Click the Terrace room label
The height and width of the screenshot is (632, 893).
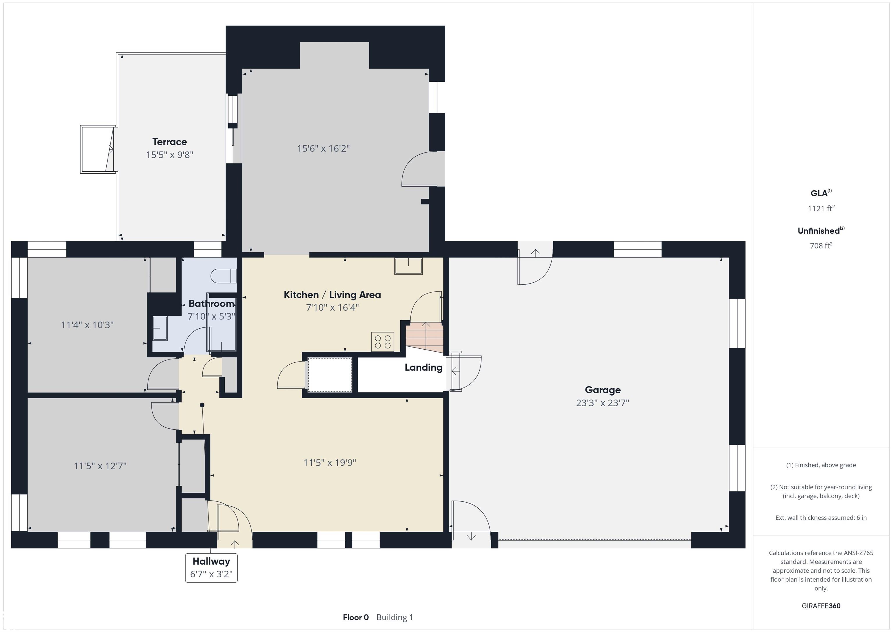click(169, 142)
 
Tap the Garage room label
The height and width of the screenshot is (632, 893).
click(603, 390)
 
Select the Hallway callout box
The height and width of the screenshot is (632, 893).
click(211, 568)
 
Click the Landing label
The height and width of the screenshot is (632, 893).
click(424, 368)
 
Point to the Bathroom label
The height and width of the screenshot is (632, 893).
click(212, 304)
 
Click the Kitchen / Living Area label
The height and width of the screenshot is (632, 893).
click(332, 295)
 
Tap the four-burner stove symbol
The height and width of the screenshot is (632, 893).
click(383, 342)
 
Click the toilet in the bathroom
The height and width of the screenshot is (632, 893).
click(224, 276)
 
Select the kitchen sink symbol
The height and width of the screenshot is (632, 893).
click(408, 266)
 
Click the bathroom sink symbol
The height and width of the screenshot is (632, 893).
click(160, 328)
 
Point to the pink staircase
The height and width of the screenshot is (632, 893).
click(425, 337)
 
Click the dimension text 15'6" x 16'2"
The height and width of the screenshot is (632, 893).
click(324, 148)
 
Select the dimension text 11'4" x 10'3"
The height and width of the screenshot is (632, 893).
click(87, 325)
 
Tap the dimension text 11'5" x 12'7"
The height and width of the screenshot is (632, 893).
click(100, 466)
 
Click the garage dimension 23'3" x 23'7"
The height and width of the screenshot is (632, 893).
click(603, 403)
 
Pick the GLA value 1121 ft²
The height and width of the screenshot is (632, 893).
click(821, 208)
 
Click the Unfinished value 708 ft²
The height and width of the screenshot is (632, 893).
click(821, 245)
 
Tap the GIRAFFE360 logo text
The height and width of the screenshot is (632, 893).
click(821, 606)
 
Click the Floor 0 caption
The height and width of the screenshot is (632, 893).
click(356, 617)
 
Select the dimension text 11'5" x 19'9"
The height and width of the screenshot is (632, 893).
click(330, 462)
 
